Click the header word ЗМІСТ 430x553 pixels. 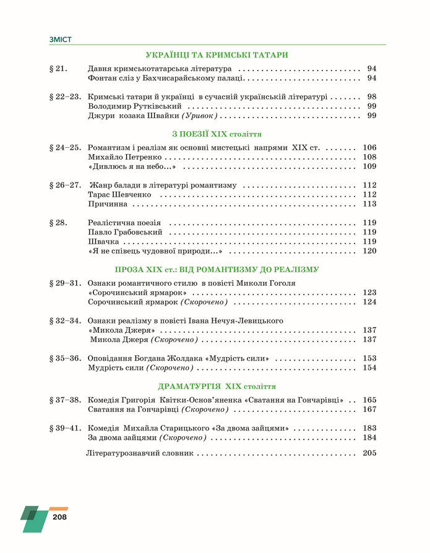[x=61, y=40]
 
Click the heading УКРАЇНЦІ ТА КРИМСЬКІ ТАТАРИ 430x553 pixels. [x=217, y=55]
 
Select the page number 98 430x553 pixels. [x=371, y=97]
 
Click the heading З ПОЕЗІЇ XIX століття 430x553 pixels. [x=217, y=134]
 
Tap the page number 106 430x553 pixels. [x=369, y=148]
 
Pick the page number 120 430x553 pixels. [x=369, y=251]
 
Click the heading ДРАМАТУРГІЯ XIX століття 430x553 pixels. [x=217, y=387]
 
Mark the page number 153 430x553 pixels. [x=369, y=359]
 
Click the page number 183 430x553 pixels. [x=369, y=429]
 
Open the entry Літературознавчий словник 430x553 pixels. [x=139, y=453]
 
